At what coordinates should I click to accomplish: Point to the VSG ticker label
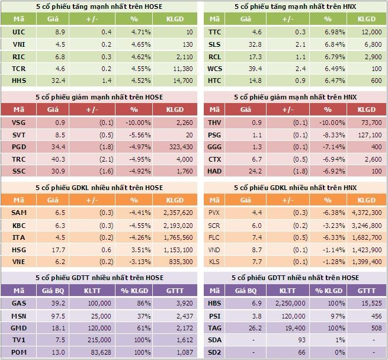pyautogui.click(x=18, y=123)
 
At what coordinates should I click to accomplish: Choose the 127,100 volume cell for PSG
pyautogui.click(x=368, y=134)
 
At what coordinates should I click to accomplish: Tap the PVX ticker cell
pyautogui.click(x=214, y=213)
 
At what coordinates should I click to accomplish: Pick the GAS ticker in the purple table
pyautogui.click(x=18, y=304)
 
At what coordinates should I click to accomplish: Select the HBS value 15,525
pyautogui.click(x=368, y=304)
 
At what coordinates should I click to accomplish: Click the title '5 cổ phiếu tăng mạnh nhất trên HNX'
pyautogui.click(x=295, y=7)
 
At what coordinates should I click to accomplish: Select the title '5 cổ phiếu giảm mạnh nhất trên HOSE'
pyautogui.click(x=99, y=97)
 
